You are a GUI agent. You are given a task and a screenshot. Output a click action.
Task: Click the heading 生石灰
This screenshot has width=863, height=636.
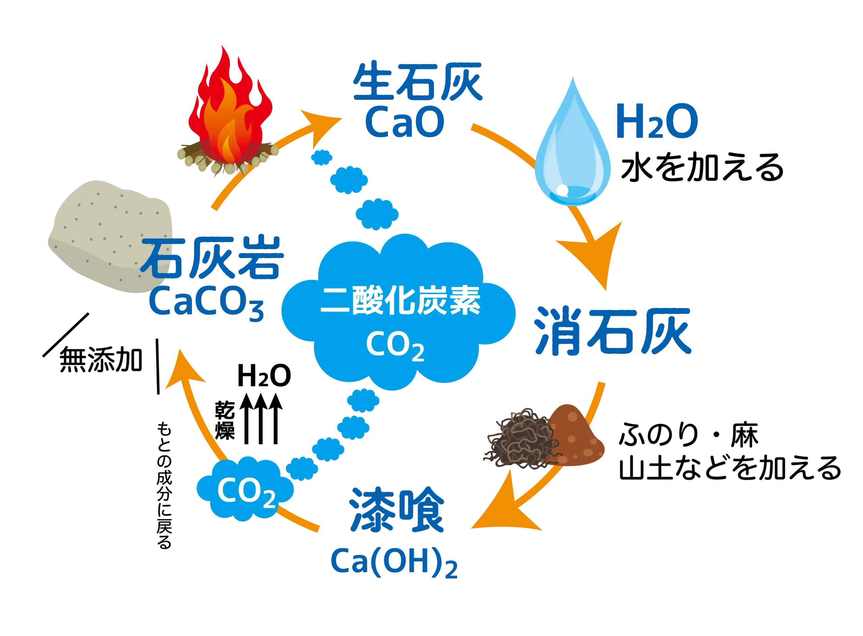point(417,83)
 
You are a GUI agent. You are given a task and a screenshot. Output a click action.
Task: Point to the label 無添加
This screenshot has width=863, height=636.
point(100,360)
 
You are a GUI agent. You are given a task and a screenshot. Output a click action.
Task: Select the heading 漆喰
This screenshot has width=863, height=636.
point(396,510)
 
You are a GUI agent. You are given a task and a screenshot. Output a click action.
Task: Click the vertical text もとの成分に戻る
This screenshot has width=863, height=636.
point(164,485)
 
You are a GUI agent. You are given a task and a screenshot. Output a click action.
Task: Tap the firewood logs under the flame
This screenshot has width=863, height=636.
point(227,160)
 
